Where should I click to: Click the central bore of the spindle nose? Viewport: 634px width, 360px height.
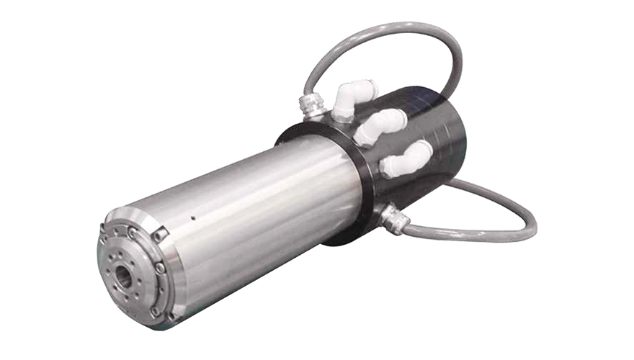coord(123,276)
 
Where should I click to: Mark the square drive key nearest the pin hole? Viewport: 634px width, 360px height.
coord(161,233)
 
